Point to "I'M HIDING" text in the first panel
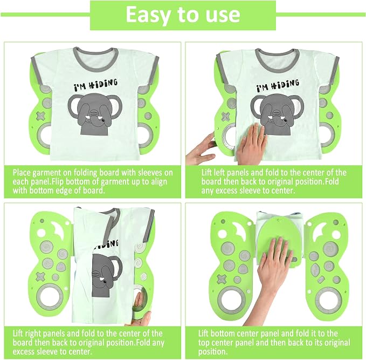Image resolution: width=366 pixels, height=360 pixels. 96,85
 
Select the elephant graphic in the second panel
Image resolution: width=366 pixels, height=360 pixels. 277,114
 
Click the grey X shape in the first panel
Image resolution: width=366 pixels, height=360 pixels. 41,116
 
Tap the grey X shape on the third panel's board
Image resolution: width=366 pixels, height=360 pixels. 40,276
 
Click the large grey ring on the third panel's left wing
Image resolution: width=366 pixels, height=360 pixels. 50,297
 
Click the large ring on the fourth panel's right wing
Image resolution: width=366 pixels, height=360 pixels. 329,300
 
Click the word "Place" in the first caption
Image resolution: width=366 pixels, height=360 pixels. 22,173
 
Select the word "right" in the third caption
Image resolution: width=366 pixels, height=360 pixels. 33,334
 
